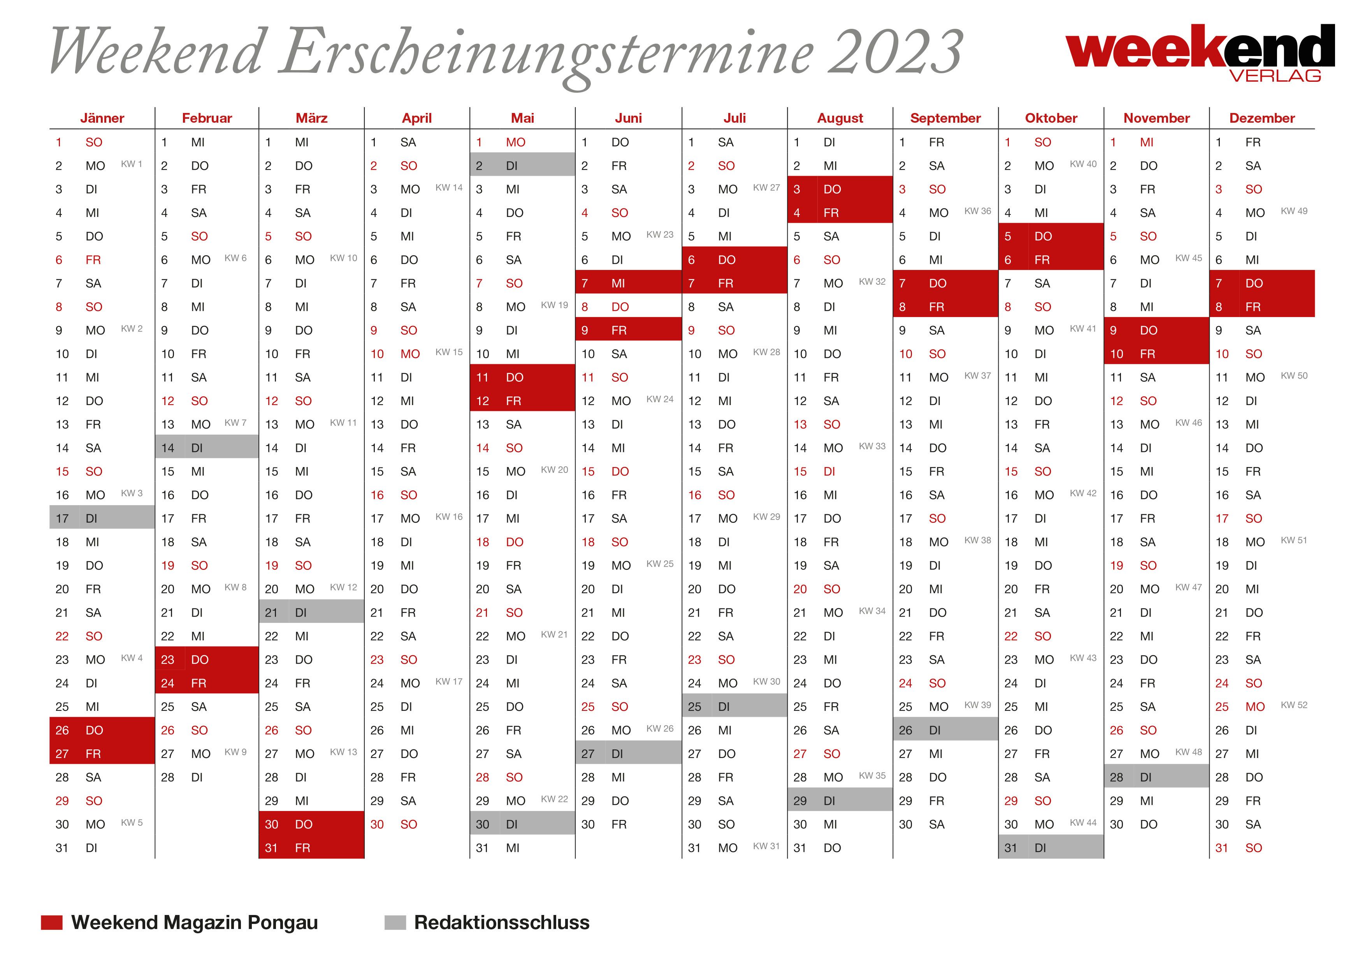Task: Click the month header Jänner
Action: pyautogui.click(x=102, y=118)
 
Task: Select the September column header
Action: pyautogui.click(x=945, y=118)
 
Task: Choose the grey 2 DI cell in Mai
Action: pyautogui.click(x=523, y=166)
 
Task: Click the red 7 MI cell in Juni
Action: pyautogui.click(x=629, y=283)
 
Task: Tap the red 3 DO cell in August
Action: pyautogui.click(x=840, y=189)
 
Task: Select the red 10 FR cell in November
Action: pyautogui.click(x=1156, y=354)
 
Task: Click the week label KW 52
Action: pyautogui.click(x=1294, y=705)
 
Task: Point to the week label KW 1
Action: pyautogui.click(x=132, y=164)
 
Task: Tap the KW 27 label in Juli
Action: pyautogui.click(x=766, y=187)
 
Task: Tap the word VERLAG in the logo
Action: pyautogui.click(x=1275, y=76)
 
